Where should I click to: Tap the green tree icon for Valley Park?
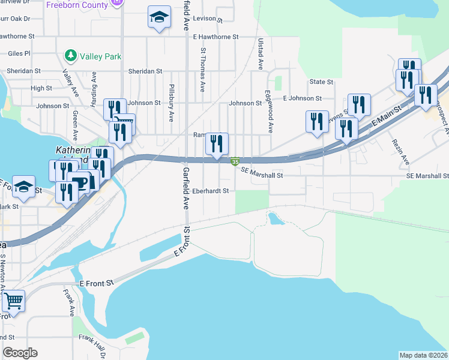(x=71, y=56)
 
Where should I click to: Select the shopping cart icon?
(x=13, y=300)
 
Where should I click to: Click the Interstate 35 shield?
(x=236, y=161)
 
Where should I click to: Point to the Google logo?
(x=20, y=353)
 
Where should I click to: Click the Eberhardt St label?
(x=211, y=191)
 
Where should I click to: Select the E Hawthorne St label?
(x=217, y=37)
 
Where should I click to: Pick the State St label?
(x=321, y=82)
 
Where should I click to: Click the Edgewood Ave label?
(x=270, y=112)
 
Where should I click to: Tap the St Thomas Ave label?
(x=203, y=70)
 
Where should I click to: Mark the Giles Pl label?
(x=19, y=53)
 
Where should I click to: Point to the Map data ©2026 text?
(x=424, y=355)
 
